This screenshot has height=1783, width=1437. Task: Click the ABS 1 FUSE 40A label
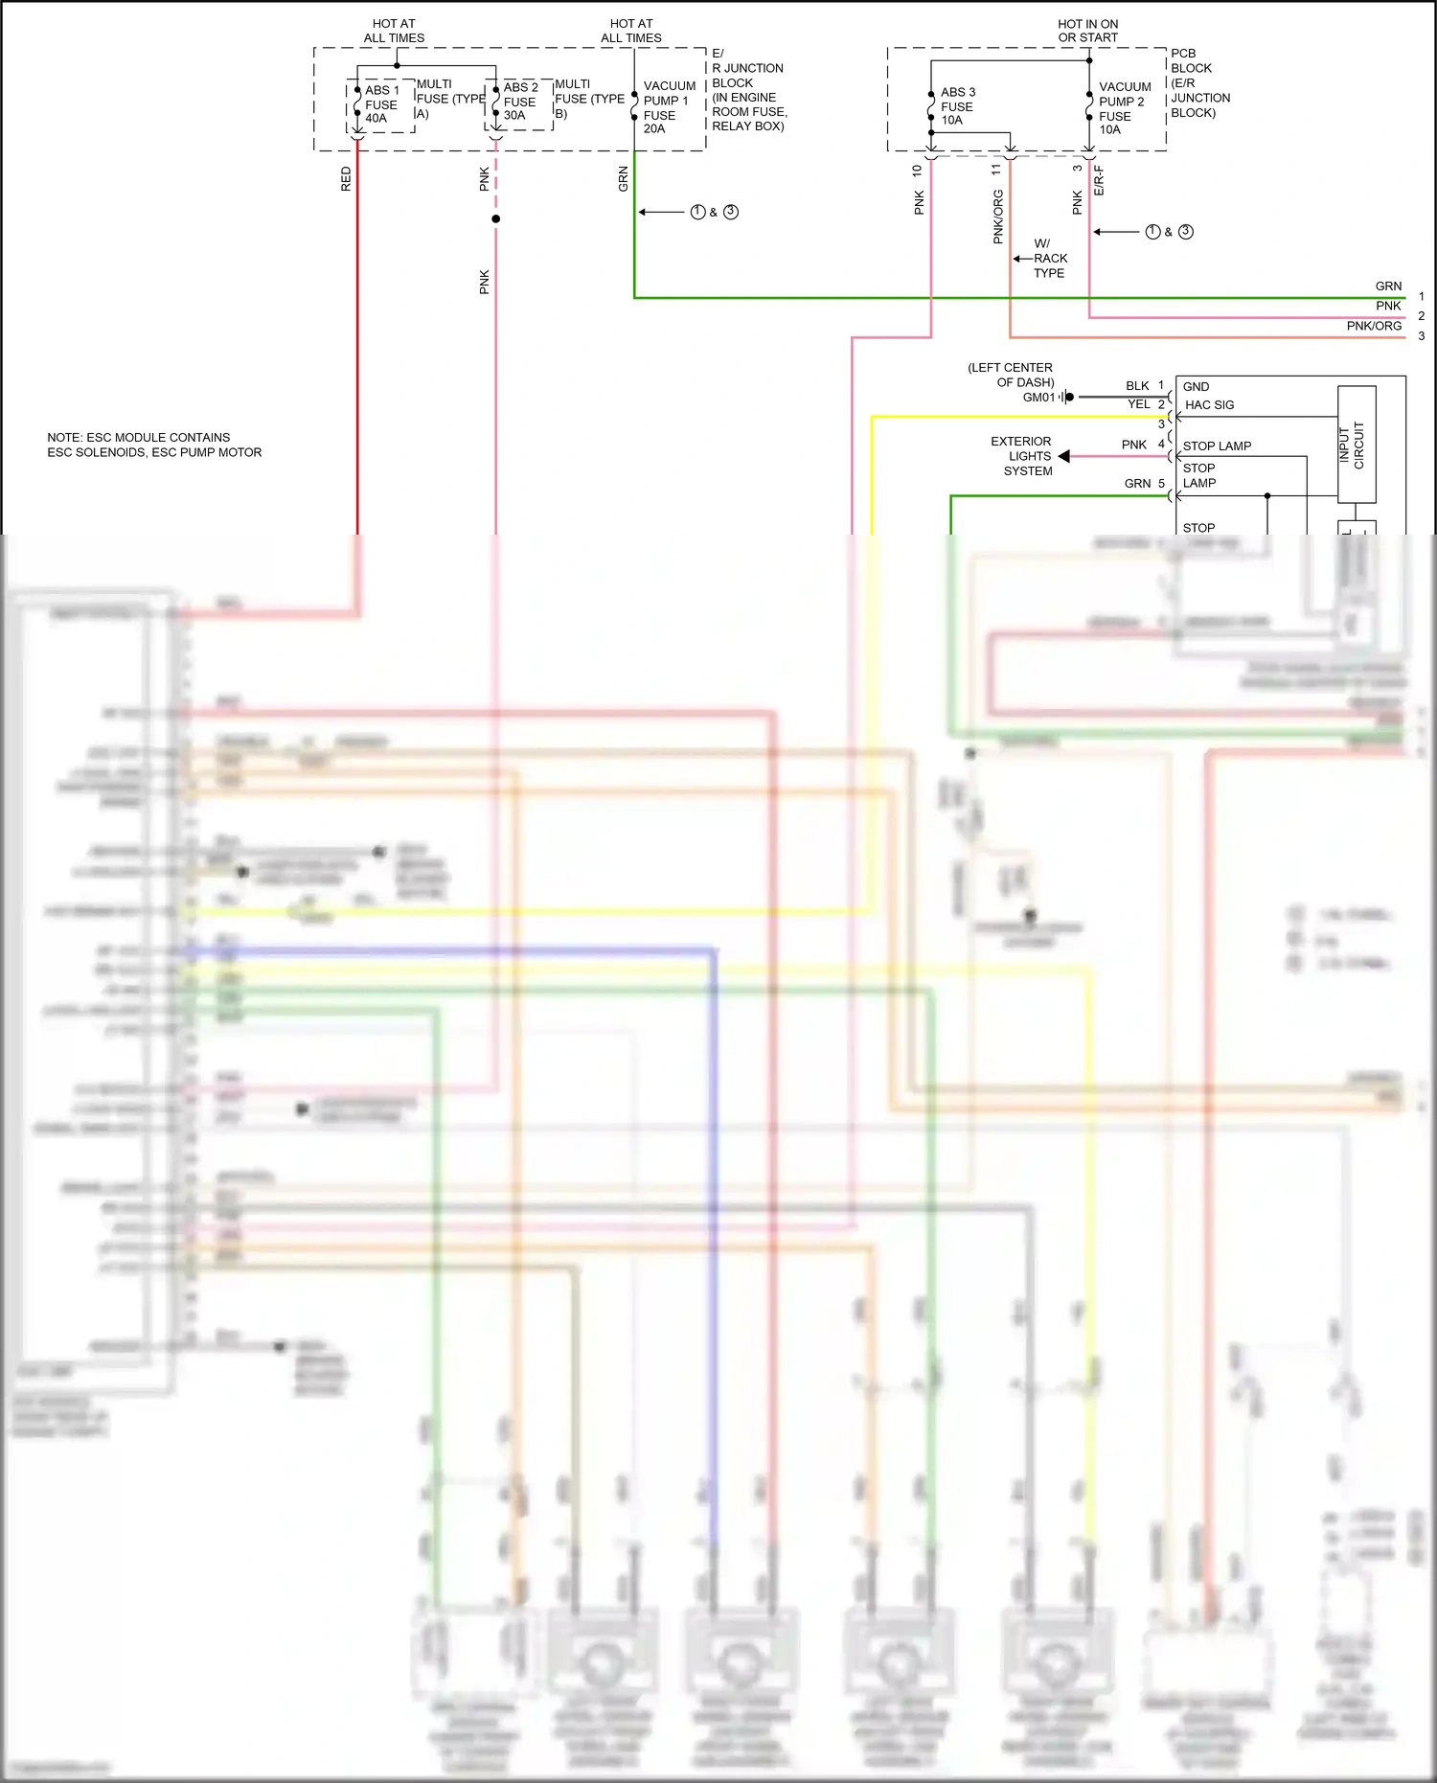[x=381, y=104]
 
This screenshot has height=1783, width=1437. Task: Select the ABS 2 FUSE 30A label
[x=520, y=102]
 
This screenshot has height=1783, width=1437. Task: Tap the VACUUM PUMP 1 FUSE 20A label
[x=668, y=107]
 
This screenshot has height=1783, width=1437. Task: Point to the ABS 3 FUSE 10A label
[x=957, y=106]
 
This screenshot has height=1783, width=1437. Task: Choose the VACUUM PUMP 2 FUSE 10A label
[x=1124, y=108]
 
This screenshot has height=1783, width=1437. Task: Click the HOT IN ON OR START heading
[x=1087, y=31]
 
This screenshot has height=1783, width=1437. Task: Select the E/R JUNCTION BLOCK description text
[x=748, y=90]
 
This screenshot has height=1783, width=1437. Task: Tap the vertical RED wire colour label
[x=346, y=179]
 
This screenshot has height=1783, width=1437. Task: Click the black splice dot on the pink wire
[x=495, y=219]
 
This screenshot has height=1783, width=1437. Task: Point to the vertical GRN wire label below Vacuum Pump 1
[x=623, y=179]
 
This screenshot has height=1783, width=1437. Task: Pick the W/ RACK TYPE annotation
[x=1049, y=259]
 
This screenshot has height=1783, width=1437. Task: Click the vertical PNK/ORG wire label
[x=998, y=217]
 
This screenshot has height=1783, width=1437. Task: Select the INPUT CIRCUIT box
[x=1357, y=445]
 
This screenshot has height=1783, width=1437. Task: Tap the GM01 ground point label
[x=1038, y=398]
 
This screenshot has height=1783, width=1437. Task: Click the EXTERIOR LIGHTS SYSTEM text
[x=1024, y=456]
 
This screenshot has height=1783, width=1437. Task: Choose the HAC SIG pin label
[x=1209, y=405]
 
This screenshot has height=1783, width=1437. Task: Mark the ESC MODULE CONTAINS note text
[x=154, y=445]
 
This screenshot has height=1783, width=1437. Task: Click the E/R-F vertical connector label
[x=1099, y=180]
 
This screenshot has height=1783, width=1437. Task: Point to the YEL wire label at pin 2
[x=1138, y=404]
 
